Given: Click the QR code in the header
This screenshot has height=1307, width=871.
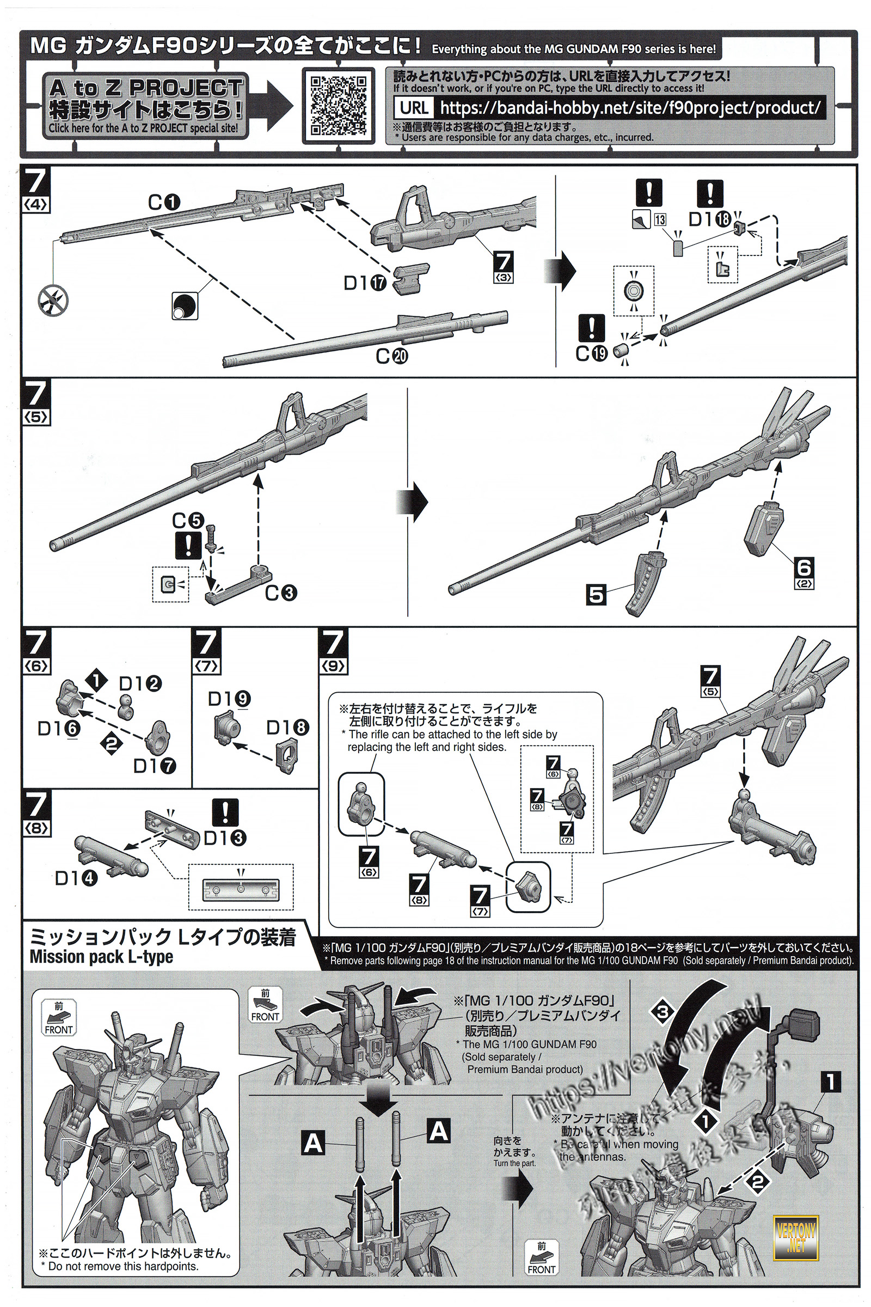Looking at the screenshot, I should coord(337,105).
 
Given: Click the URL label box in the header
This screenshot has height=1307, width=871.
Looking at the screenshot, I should coord(414,107).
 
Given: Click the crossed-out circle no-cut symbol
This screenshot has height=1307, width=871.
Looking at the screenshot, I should coord(53,301).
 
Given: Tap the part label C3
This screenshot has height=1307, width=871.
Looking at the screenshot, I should coord(281,593).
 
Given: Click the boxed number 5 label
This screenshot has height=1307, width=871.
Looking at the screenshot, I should coord(596,595).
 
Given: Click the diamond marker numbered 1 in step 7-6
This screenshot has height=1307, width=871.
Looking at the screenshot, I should coord(97,680).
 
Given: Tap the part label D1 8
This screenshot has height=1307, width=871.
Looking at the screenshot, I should coord(288,728).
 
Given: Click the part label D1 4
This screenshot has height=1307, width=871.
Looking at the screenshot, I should coord(76,878).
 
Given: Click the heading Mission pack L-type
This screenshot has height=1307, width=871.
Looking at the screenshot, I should coord(101,957).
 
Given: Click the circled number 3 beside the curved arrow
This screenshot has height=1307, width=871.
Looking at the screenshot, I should coord(662,1011).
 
